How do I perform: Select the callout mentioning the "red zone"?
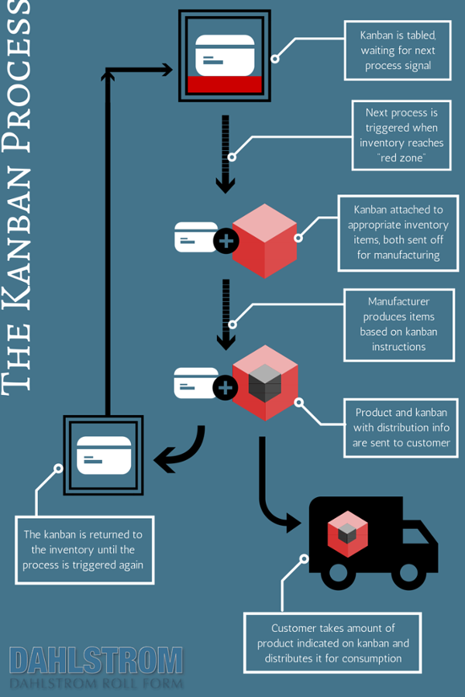[x=398, y=135]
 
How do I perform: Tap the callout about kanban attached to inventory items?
[x=398, y=232]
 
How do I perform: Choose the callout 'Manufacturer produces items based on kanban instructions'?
[x=398, y=324]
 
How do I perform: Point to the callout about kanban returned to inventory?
[x=84, y=549]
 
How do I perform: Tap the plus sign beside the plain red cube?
[x=226, y=242]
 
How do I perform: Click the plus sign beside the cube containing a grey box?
[x=226, y=386]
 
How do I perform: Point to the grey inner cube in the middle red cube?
[x=264, y=381]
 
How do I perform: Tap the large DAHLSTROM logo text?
[x=96, y=661]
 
